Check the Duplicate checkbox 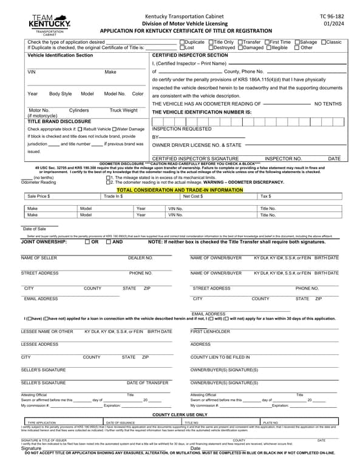click(x=182, y=42)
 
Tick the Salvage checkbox click(x=296, y=42)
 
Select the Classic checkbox click(x=324, y=42)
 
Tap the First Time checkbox click(x=265, y=42)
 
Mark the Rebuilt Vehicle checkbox click(x=80, y=129)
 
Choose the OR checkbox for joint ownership click(x=88, y=241)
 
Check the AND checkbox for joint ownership click(x=108, y=241)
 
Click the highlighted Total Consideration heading click(x=179, y=190)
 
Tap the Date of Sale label click(x=35, y=229)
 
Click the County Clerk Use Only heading click(x=179, y=414)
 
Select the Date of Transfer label click(x=148, y=383)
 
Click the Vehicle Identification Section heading click(x=60, y=55)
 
